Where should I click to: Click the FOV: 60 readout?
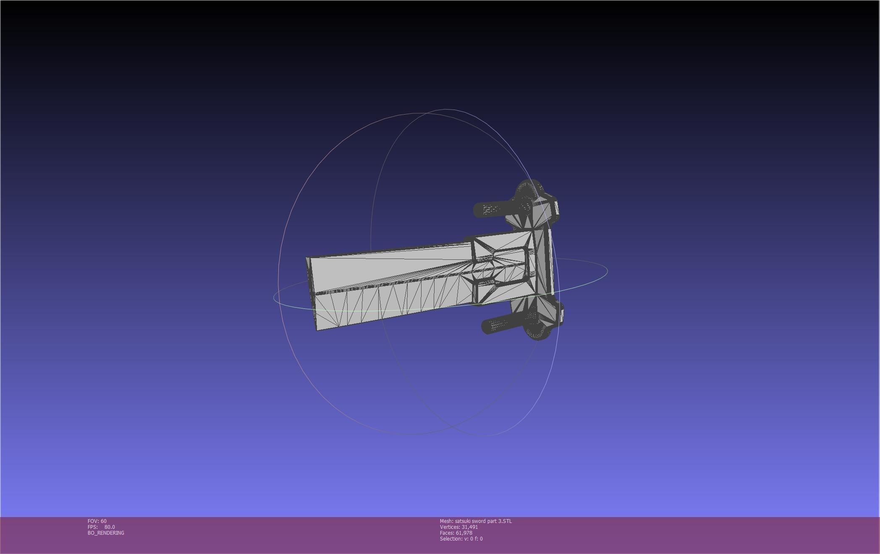pyautogui.click(x=97, y=521)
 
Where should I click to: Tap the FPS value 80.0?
pyautogui.click(x=110, y=527)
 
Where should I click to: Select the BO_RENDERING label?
pyautogui.click(x=106, y=533)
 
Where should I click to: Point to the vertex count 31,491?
pyautogui.click(x=469, y=527)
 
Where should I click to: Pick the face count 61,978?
pyautogui.click(x=464, y=533)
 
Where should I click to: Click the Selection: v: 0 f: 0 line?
pyautogui.click(x=461, y=539)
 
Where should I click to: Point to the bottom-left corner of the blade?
pyautogui.click(x=317, y=329)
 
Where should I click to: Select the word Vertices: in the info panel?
pyautogui.click(x=450, y=527)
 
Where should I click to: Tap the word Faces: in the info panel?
pyautogui.click(x=447, y=533)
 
